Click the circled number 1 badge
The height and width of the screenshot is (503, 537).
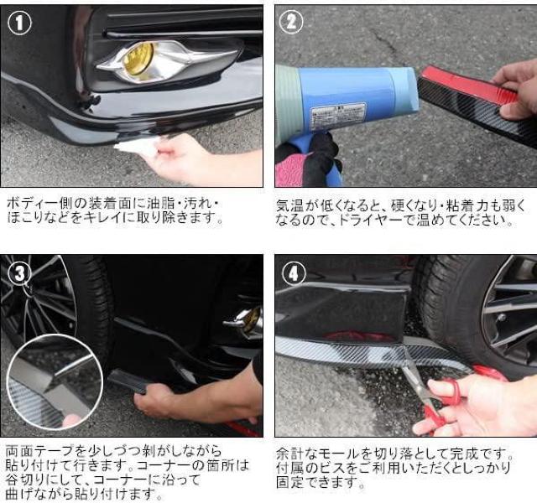(19, 23)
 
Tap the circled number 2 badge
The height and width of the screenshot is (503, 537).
(291, 22)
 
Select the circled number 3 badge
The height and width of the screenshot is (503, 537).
(19, 272)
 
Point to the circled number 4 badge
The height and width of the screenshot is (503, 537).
(294, 273)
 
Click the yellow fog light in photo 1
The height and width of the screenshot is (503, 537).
(138, 59)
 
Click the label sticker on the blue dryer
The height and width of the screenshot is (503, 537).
(337, 116)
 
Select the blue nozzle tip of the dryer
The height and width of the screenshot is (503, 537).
(406, 89)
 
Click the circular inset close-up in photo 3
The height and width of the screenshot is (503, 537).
(55, 382)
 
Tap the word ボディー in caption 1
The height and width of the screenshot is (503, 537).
(29, 204)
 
